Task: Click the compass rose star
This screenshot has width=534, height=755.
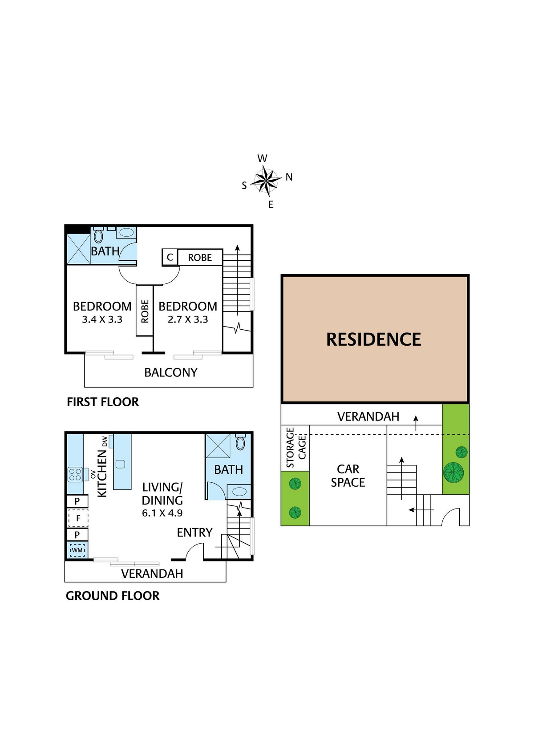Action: [266, 181]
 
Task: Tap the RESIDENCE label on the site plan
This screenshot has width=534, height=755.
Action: [373, 339]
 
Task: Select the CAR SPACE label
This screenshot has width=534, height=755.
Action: [348, 476]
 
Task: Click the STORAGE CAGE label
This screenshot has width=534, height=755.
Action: [296, 447]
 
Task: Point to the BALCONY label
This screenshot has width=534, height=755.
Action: [170, 372]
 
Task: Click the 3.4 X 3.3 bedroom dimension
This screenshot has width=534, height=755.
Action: [102, 319]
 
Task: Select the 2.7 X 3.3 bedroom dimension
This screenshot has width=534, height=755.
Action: [188, 319]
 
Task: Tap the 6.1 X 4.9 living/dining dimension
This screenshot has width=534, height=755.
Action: [162, 513]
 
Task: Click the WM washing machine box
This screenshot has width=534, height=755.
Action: [77, 550]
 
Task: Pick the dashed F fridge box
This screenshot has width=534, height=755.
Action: [78, 518]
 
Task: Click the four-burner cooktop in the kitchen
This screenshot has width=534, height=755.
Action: [75, 474]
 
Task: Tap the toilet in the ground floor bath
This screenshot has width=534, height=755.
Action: [240, 443]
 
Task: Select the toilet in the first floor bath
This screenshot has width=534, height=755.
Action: [98, 236]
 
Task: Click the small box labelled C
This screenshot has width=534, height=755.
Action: [170, 257]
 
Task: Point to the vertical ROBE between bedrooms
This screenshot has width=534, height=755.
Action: [145, 311]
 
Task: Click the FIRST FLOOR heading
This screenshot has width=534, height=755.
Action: [103, 402]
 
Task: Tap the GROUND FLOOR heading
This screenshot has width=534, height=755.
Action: [113, 596]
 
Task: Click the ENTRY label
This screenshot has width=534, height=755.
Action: [194, 533]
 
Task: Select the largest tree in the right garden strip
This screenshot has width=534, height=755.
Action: [453, 472]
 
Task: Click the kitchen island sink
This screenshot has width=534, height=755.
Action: [120, 464]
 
